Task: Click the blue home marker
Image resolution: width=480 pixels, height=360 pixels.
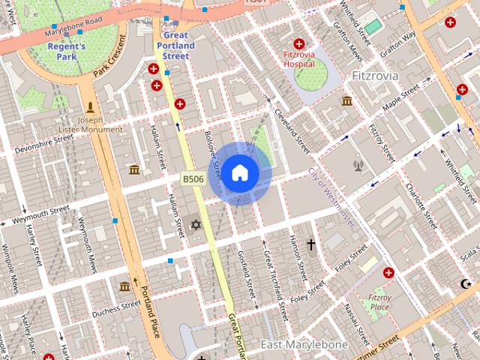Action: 239,173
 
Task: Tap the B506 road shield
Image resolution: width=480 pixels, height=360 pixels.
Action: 193,178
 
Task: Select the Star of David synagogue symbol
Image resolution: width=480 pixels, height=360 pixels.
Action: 196,225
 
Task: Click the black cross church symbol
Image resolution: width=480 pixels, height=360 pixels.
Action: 310,244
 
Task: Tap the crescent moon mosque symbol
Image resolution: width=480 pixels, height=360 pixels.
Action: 466,283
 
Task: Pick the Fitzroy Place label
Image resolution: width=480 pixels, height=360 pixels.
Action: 379,302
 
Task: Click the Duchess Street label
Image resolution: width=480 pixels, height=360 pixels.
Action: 116,308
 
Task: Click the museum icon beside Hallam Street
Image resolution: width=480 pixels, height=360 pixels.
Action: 134,169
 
